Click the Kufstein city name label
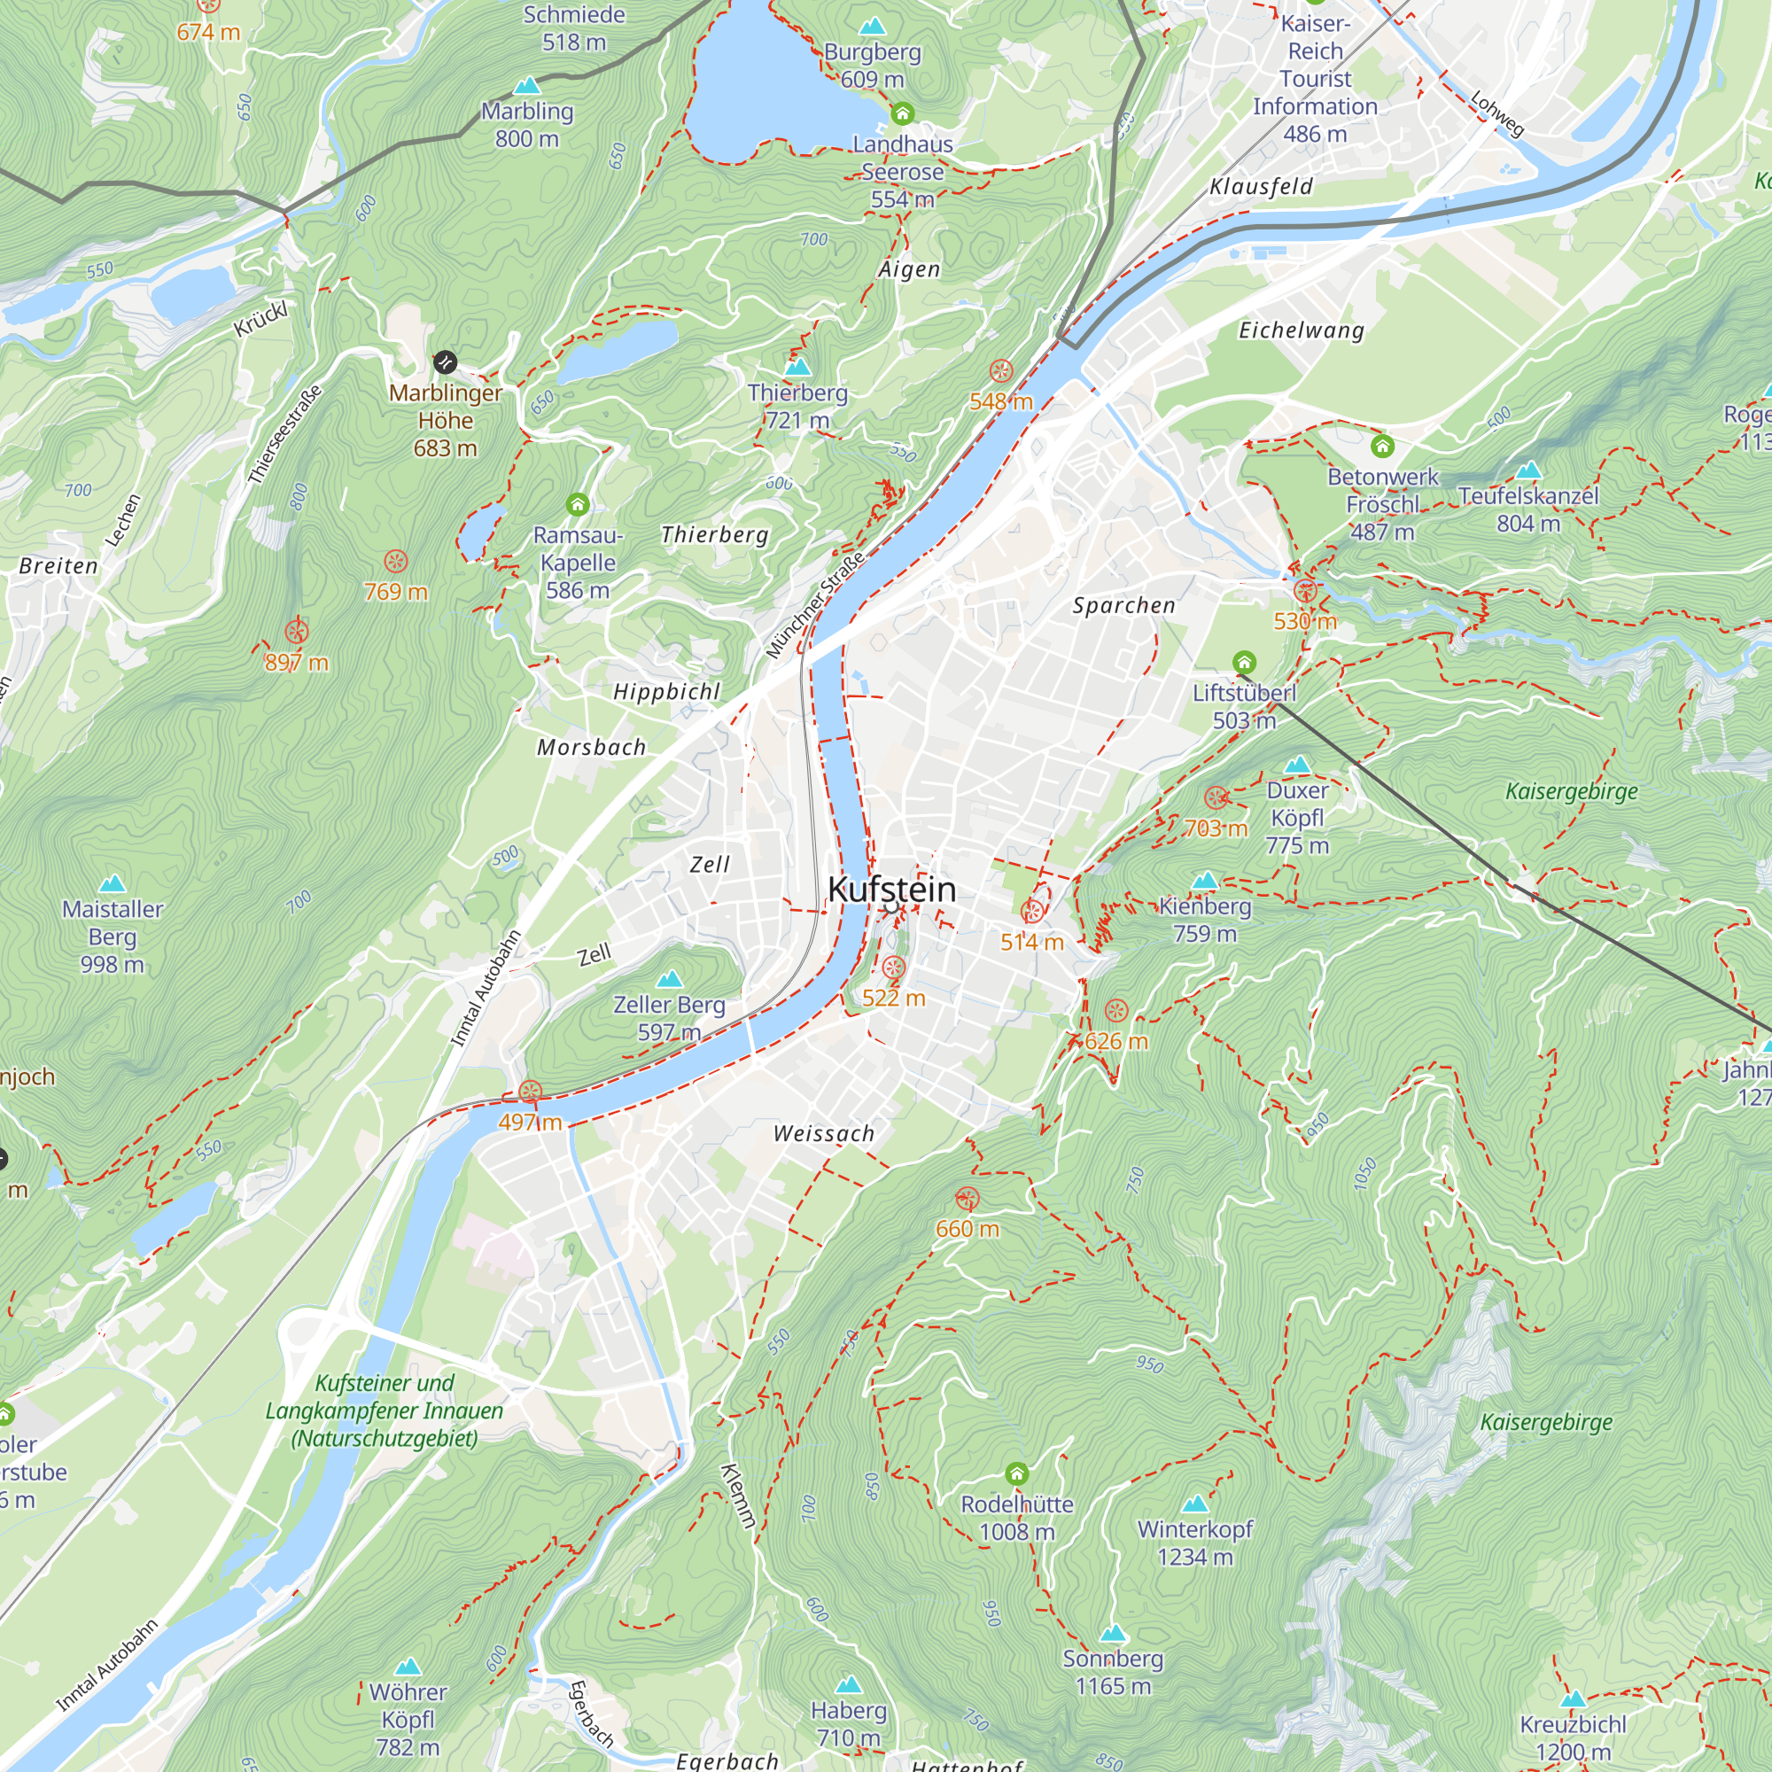click(891, 890)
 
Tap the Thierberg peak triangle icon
click(798, 367)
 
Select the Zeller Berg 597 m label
click(670, 1018)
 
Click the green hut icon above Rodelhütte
click(1016, 1474)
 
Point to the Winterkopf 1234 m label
click(1195, 1543)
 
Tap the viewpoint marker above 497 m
click(530, 1092)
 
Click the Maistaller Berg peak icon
click(112, 883)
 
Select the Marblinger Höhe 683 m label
click(446, 420)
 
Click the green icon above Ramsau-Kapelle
click(577, 504)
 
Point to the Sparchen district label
click(1123, 605)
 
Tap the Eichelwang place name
click(1302, 330)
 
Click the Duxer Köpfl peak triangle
click(1297, 765)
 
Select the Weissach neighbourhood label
click(824, 1134)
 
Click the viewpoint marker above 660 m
click(967, 1199)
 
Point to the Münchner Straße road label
click(815, 604)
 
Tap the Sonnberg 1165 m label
click(1113, 1672)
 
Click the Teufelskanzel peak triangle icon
click(1528, 470)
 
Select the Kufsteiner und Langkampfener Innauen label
click(385, 1411)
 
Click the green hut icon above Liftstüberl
click(1244, 661)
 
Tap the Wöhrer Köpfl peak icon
click(408, 1667)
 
